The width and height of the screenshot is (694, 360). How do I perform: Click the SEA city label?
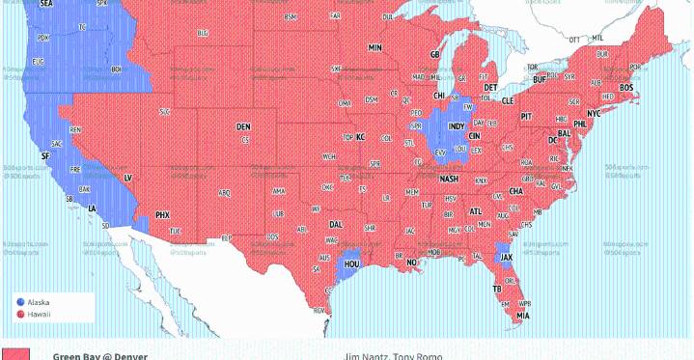46,5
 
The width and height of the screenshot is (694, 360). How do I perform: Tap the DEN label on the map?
243,126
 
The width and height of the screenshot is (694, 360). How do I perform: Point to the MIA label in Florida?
522,316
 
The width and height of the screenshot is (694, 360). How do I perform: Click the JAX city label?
507,258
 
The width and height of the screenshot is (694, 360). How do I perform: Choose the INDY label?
457,126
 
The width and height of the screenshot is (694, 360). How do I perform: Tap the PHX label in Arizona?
162,214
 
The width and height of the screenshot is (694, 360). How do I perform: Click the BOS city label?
626,88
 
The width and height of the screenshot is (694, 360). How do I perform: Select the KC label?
360,137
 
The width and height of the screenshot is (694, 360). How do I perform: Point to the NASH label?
449,180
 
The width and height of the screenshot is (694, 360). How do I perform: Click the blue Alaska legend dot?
21,302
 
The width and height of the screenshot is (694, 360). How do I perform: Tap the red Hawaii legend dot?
21,314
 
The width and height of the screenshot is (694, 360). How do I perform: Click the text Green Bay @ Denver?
100,355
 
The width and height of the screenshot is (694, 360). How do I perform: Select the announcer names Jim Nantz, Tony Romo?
393,355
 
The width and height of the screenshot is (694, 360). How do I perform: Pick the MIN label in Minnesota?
375,47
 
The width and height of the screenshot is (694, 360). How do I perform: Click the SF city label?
44,155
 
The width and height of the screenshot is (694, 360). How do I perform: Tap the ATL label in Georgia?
475,210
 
